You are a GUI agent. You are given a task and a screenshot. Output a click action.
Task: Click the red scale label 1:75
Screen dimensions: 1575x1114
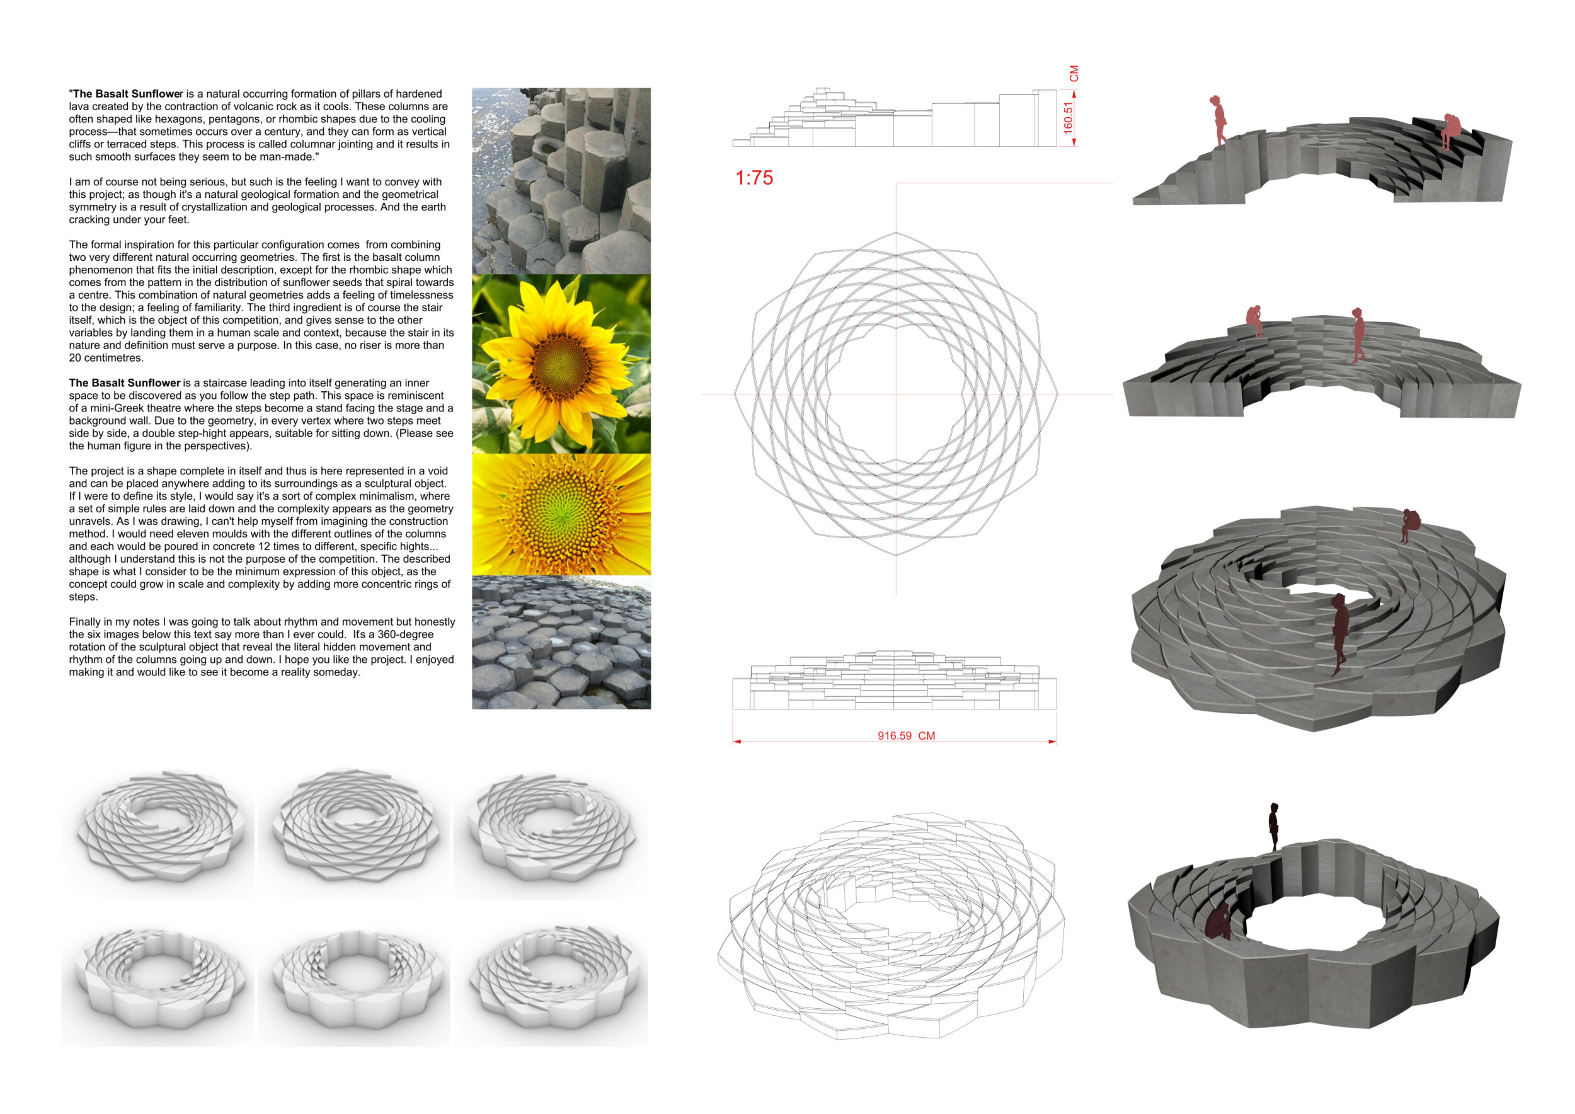point(754,178)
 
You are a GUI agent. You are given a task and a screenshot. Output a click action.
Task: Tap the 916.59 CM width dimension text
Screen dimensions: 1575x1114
point(906,736)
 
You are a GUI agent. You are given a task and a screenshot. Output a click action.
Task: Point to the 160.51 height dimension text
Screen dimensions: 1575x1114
point(1068,117)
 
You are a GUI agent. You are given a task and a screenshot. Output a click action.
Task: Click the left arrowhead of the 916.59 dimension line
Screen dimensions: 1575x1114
point(736,742)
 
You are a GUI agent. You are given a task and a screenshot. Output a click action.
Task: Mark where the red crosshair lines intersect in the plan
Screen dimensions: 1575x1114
point(896,394)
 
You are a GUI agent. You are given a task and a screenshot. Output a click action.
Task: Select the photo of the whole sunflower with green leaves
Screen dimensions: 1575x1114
point(561,364)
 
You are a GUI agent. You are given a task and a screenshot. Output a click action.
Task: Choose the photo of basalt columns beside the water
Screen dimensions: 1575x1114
point(561,181)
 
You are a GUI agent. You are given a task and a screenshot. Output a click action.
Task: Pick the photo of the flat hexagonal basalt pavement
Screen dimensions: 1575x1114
point(561,642)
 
